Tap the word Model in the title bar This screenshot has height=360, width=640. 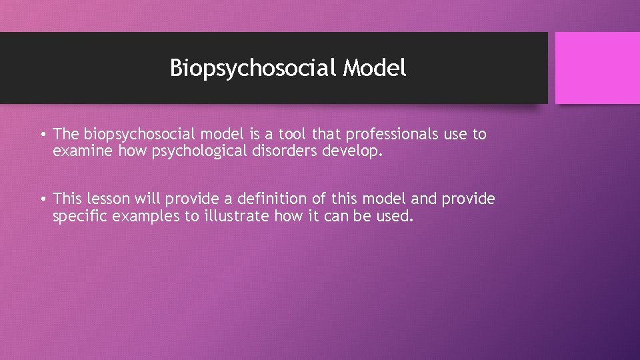pos(375,68)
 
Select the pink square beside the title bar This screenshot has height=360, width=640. pos(597,68)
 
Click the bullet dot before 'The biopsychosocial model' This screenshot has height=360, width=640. pos(42,135)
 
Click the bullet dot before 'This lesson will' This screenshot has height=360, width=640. pos(42,199)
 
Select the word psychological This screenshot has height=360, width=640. pos(192,151)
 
